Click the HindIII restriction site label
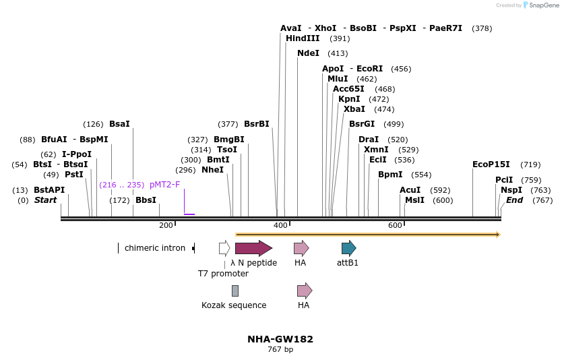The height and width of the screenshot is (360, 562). pos(303,38)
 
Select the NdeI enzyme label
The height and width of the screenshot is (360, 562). pos(308,53)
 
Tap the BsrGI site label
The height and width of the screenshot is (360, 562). pos(362,124)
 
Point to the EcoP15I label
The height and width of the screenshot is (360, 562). pos(491,164)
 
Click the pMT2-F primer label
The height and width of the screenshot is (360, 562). pos(165,185)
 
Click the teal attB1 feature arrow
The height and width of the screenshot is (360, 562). pos(348,248)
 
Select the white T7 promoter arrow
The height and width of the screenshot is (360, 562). pos(224,248)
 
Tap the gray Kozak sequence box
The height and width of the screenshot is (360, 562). pos(235,291)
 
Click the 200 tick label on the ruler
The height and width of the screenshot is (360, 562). pos(166,225)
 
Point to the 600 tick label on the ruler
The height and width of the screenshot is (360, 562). pos(395,225)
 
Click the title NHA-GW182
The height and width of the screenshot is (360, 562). pos(280,339)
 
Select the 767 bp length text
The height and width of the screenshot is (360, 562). pos(280,350)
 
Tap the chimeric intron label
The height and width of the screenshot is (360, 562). pos(155,248)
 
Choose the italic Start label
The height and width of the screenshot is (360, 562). pos(46,200)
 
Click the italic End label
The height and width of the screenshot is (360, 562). pos(515,200)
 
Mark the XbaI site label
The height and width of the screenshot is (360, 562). pos(354,109)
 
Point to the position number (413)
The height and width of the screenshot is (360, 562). pos(338,53)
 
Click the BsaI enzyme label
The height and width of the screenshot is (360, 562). pos(119,124)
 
